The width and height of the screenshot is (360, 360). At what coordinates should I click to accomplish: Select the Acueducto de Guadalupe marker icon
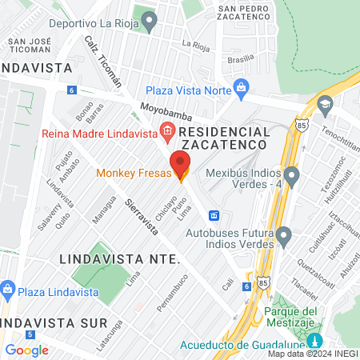click(x=314, y=342)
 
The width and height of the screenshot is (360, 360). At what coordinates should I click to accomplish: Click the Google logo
click(x=27, y=350)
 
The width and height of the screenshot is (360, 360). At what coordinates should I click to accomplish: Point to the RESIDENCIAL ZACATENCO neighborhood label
click(x=223, y=137)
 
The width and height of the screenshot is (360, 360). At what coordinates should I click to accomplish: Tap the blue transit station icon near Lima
click(x=214, y=215)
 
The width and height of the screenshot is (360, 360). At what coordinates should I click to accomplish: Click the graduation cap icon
click(x=325, y=103)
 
